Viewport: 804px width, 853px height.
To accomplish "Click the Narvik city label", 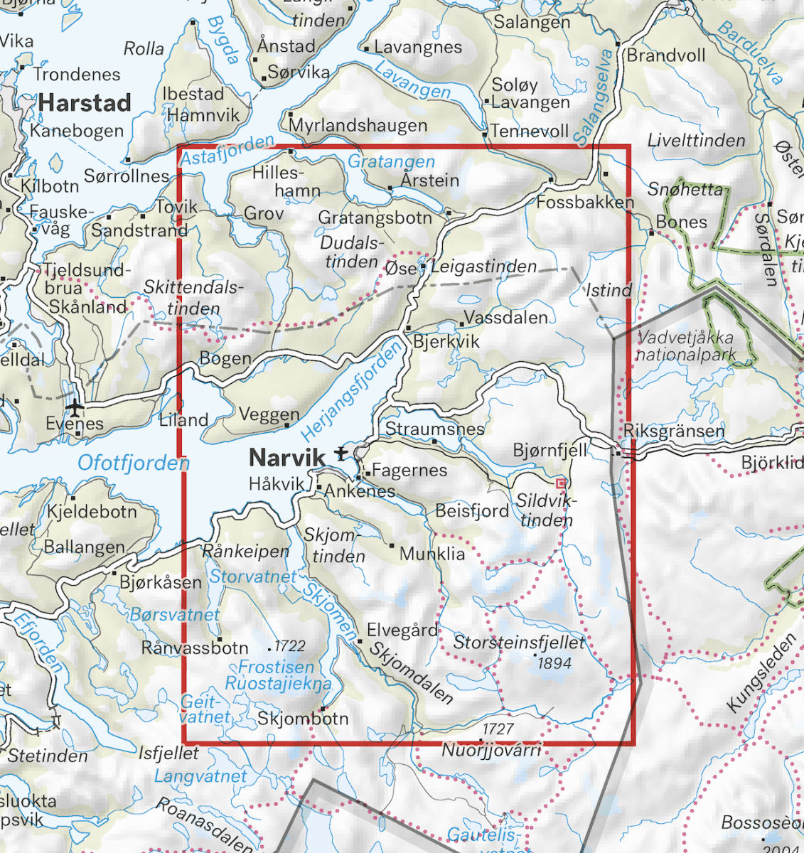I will [x=286, y=456].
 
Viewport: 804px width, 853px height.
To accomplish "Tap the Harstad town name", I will [x=85, y=103].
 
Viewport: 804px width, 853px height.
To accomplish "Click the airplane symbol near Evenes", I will [x=74, y=407].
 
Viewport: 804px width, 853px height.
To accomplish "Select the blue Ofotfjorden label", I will [x=134, y=463].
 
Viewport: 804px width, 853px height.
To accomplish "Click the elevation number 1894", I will [x=554, y=663].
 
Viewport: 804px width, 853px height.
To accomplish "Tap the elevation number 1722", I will [x=289, y=646].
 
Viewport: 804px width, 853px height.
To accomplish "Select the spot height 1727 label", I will [x=498, y=729].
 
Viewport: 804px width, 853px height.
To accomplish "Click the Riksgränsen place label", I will [x=674, y=431].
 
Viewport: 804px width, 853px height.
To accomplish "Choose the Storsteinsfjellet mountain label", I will [x=519, y=643].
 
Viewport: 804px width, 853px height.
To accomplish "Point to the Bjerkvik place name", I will [x=446, y=342].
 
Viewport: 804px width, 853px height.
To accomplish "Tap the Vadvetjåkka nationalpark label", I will [x=686, y=346].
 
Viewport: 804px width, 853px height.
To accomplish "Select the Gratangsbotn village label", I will [x=375, y=218].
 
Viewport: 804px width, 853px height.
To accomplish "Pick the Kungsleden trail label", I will [x=761, y=672].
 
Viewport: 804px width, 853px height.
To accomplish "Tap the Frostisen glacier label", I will [x=276, y=667].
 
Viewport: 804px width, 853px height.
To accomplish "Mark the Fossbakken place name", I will [x=584, y=203].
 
